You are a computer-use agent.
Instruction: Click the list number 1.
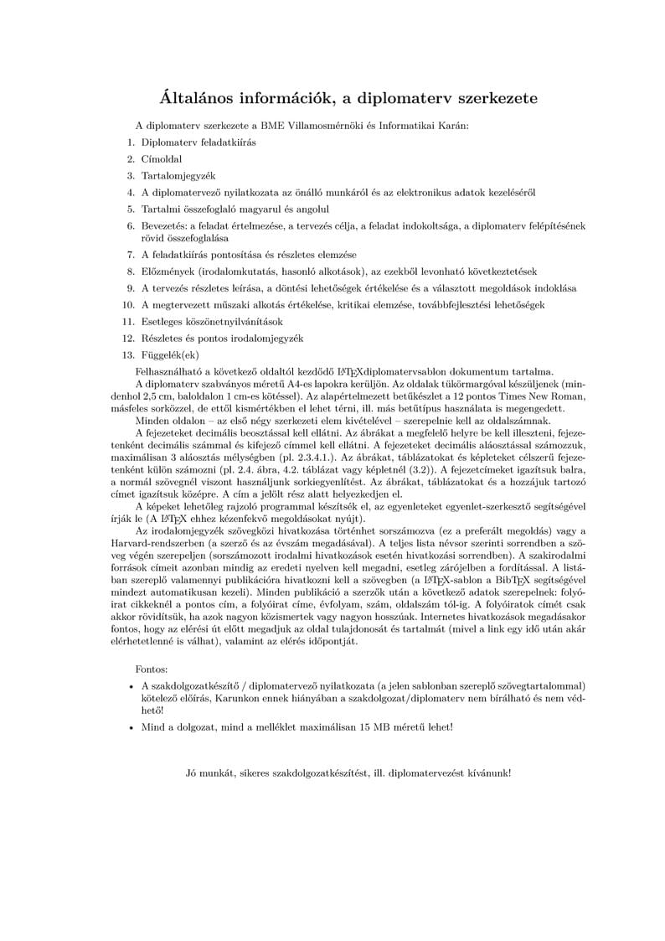131,142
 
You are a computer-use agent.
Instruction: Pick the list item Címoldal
162,158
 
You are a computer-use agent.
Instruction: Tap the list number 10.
128,304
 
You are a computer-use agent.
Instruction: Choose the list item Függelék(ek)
171,354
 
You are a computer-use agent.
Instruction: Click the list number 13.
128,354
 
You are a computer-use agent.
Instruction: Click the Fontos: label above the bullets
151,670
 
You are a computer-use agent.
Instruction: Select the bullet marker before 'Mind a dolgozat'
131,726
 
